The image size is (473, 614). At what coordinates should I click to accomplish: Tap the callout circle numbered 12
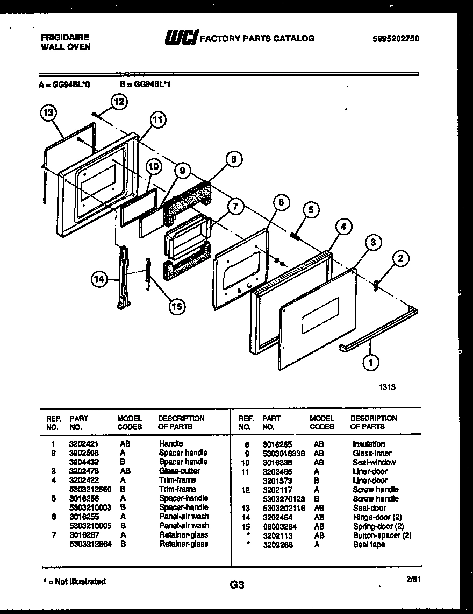click(119, 101)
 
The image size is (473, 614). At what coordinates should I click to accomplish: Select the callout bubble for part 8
click(233, 159)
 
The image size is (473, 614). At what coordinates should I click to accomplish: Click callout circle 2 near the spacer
click(399, 260)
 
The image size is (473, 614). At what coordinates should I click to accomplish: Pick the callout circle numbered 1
click(369, 363)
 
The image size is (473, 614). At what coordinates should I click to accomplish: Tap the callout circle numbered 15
click(176, 306)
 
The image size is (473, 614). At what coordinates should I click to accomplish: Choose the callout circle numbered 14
click(98, 279)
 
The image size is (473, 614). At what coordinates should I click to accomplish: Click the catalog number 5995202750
click(396, 38)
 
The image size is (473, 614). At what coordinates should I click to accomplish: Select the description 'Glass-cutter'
click(179, 471)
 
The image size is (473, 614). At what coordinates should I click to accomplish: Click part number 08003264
click(278, 526)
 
